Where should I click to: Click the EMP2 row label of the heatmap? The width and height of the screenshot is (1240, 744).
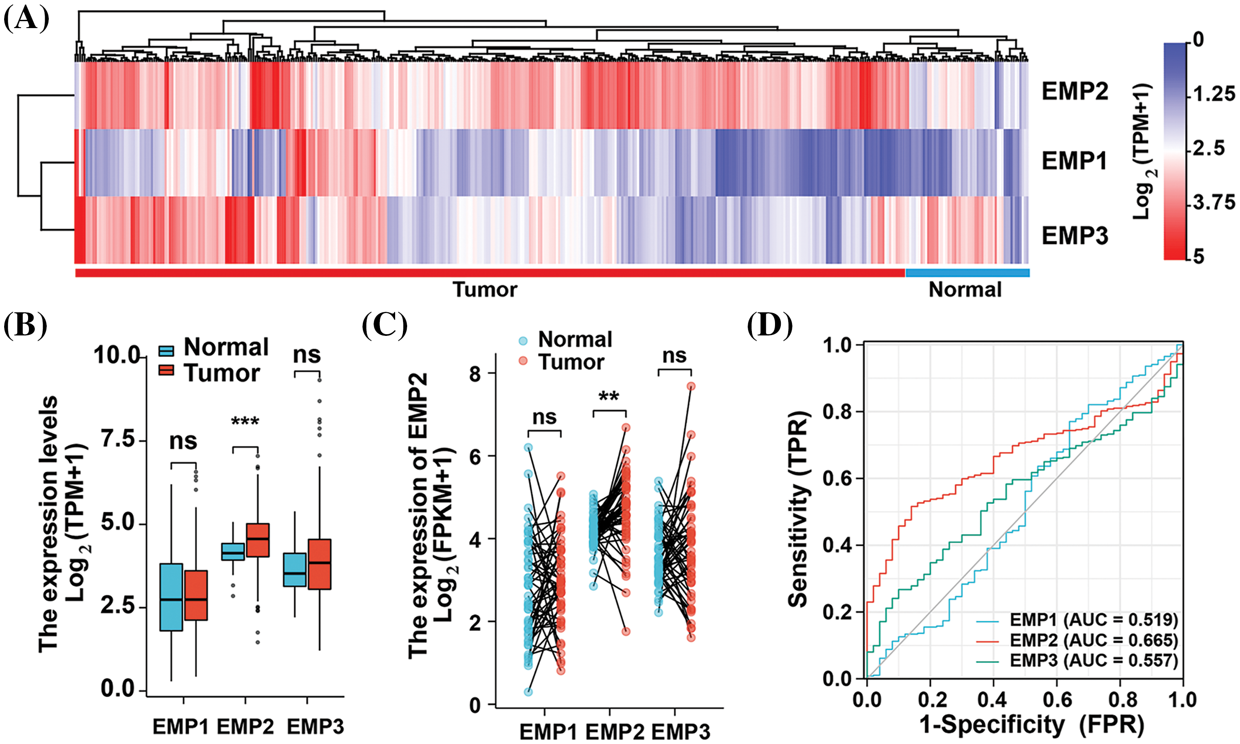(x=1075, y=92)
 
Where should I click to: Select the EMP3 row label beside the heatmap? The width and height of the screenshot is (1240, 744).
(x=1075, y=235)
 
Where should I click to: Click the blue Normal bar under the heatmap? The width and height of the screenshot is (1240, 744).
(x=967, y=273)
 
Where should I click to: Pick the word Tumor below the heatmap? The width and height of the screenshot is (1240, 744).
(x=484, y=290)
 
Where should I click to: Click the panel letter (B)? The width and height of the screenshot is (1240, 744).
(x=25, y=325)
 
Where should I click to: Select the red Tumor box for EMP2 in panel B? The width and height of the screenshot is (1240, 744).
(x=258, y=540)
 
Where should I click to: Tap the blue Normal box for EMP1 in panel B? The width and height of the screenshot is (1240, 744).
(x=171, y=597)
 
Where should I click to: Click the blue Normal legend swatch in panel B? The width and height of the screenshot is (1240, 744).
(x=166, y=350)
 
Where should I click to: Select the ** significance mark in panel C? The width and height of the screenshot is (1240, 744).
(x=609, y=397)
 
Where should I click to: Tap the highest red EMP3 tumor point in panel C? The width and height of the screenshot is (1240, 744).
(x=691, y=386)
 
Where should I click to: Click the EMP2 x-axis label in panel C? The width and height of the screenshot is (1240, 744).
(x=615, y=732)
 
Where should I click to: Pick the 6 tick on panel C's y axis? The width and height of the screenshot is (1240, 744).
(x=475, y=456)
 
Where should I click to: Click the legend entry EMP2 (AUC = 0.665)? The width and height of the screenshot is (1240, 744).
(x=1094, y=640)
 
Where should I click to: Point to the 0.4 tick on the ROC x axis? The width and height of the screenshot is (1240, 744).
(x=993, y=700)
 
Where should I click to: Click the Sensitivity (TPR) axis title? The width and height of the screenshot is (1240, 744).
(x=799, y=509)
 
